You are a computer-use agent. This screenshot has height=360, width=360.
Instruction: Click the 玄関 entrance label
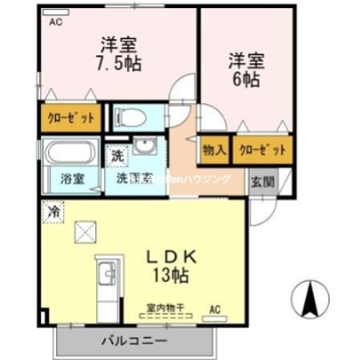click(x=262, y=179)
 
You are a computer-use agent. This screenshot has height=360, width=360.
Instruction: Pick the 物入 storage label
click(x=214, y=150)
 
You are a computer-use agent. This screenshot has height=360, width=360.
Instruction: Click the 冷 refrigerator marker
click(x=54, y=212)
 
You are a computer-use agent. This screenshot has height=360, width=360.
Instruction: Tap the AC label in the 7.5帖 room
click(x=55, y=22)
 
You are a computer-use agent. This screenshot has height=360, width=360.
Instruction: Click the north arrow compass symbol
click(x=310, y=302)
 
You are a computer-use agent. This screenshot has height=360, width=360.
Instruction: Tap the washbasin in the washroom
click(x=146, y=149)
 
